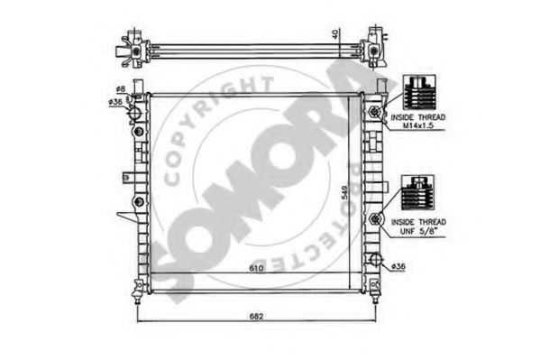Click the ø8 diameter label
coord(120,88)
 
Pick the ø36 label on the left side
coord(116,102)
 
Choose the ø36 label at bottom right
coord(400,265)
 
